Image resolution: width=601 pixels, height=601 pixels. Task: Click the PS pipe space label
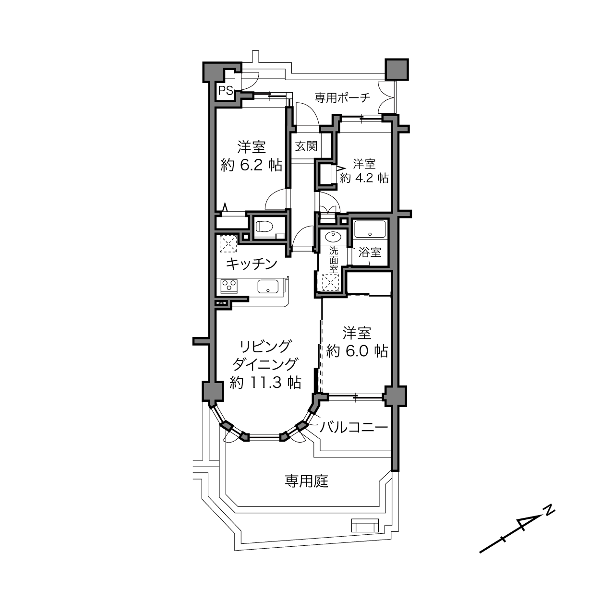coord(225,91)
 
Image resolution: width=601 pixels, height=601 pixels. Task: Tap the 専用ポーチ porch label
coord(342,97)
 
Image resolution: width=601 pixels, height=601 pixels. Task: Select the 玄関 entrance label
coord(306,146)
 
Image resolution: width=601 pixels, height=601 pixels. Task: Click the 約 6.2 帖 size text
coord(252,165)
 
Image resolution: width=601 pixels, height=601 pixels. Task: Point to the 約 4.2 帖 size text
coord(364,178)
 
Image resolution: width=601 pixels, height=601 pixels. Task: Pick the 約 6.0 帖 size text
coord(357,351)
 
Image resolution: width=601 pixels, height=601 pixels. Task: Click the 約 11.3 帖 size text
coord(265,382)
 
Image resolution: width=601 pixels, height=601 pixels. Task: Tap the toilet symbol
coord(265,226)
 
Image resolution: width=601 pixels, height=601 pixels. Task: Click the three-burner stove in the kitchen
coord(229,286)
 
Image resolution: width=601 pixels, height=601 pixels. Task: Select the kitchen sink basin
coord(268,286)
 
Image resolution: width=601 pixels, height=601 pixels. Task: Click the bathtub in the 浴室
coord(370,229)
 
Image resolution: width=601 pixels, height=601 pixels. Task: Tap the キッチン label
coord(252,264)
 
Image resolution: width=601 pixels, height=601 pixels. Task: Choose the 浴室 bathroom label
coord(370,252)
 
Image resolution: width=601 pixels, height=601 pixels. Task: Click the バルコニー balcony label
coord(354,427)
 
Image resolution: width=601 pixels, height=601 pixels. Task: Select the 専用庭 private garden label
coord(307,481)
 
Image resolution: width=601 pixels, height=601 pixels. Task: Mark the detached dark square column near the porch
coord(397,69)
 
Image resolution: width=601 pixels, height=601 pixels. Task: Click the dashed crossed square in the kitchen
coord(228,243)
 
